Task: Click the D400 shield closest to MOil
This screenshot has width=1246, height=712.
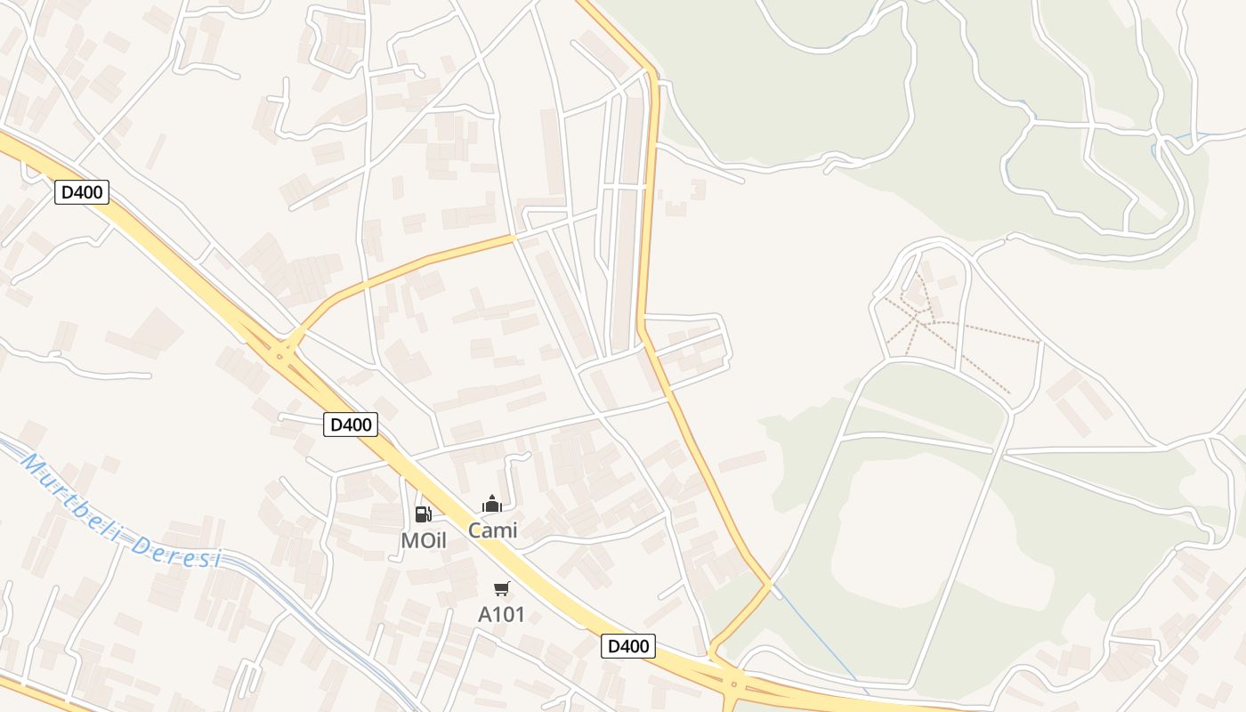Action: click(351, 425)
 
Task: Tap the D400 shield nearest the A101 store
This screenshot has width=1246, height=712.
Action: click(627, 646)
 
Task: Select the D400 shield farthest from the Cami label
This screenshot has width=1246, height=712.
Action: click(82, 192)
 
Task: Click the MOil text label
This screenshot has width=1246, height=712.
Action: click(423, 540)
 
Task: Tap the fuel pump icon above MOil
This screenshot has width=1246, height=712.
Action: click(423, 514)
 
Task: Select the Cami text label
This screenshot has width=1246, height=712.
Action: click(492, 530)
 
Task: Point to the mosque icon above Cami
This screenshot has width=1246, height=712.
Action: click(492, 505)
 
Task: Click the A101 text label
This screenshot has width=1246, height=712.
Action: click(501, 614)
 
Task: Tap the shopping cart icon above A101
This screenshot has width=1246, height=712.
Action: click(501, 588)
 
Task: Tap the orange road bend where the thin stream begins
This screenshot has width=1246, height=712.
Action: click(769, 584)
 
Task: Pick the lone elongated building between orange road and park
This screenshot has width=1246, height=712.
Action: click(742, 461)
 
